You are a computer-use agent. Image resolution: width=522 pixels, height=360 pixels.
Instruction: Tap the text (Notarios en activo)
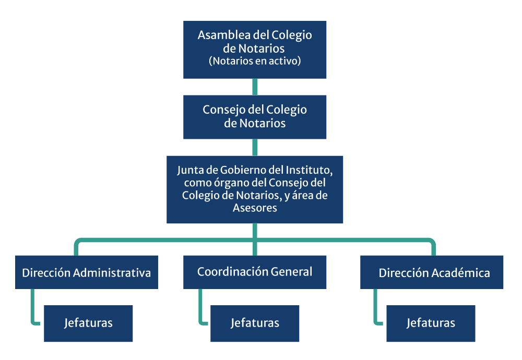click(x=255, y=61)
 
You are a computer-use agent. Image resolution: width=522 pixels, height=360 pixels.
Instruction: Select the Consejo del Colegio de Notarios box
click(x=255, y=117)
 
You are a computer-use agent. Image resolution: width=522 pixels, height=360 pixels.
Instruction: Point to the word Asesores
click(x=255, y=208)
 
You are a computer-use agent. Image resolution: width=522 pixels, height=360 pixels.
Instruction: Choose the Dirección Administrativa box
click(x=86, y=272)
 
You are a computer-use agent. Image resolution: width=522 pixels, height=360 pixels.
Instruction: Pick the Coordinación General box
click(x=255, y=272)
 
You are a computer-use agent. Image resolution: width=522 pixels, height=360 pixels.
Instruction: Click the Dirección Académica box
click(x=432, y=272)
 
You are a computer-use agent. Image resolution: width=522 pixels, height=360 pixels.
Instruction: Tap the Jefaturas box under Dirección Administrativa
click(x=88, y=323)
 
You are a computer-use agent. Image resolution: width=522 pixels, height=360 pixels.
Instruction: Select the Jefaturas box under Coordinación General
click(x=255, y=323)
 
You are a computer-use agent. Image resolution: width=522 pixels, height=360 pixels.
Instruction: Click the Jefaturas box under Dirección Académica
click(x=431, y=323)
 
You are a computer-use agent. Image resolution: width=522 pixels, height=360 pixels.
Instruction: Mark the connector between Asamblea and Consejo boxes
click(x=255, y=87)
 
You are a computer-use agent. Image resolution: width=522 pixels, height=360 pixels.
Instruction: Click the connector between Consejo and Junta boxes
click(x=255, y=147)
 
